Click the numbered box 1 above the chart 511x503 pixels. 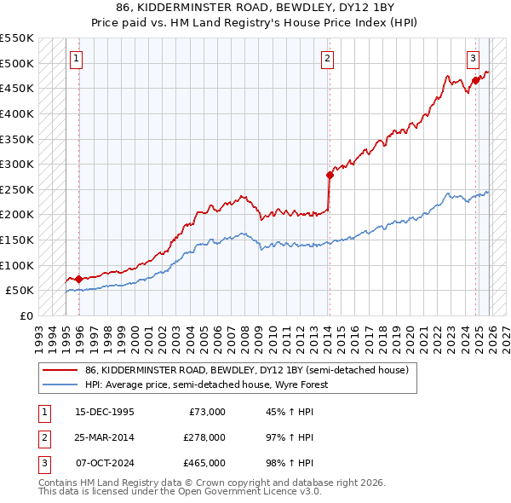tap(77, 59)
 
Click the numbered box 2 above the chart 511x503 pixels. tap(327, 59)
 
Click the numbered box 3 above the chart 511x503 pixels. tap(473, 59)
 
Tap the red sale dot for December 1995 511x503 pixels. tap(78, 279)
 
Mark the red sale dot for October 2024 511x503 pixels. tap(476, 81)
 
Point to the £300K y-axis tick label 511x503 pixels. tap(17, 164)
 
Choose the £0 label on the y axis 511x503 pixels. tap(26, 315)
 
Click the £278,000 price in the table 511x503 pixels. tap(204, 437)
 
